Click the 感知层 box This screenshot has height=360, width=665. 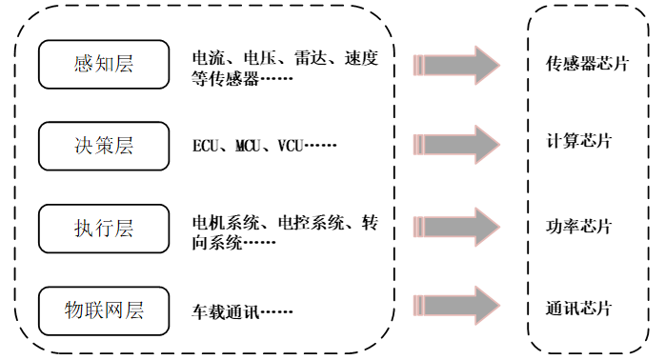click(104, 65)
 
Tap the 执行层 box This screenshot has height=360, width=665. click(104, 229)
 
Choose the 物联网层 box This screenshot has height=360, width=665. click(104, 310)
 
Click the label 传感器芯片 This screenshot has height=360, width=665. click(587, 65)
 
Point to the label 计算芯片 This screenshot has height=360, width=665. click(579, 142)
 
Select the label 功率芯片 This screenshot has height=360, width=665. click(579, 227)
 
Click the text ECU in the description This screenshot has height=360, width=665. click(206, 147)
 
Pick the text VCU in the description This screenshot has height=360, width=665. click(292, 147)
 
